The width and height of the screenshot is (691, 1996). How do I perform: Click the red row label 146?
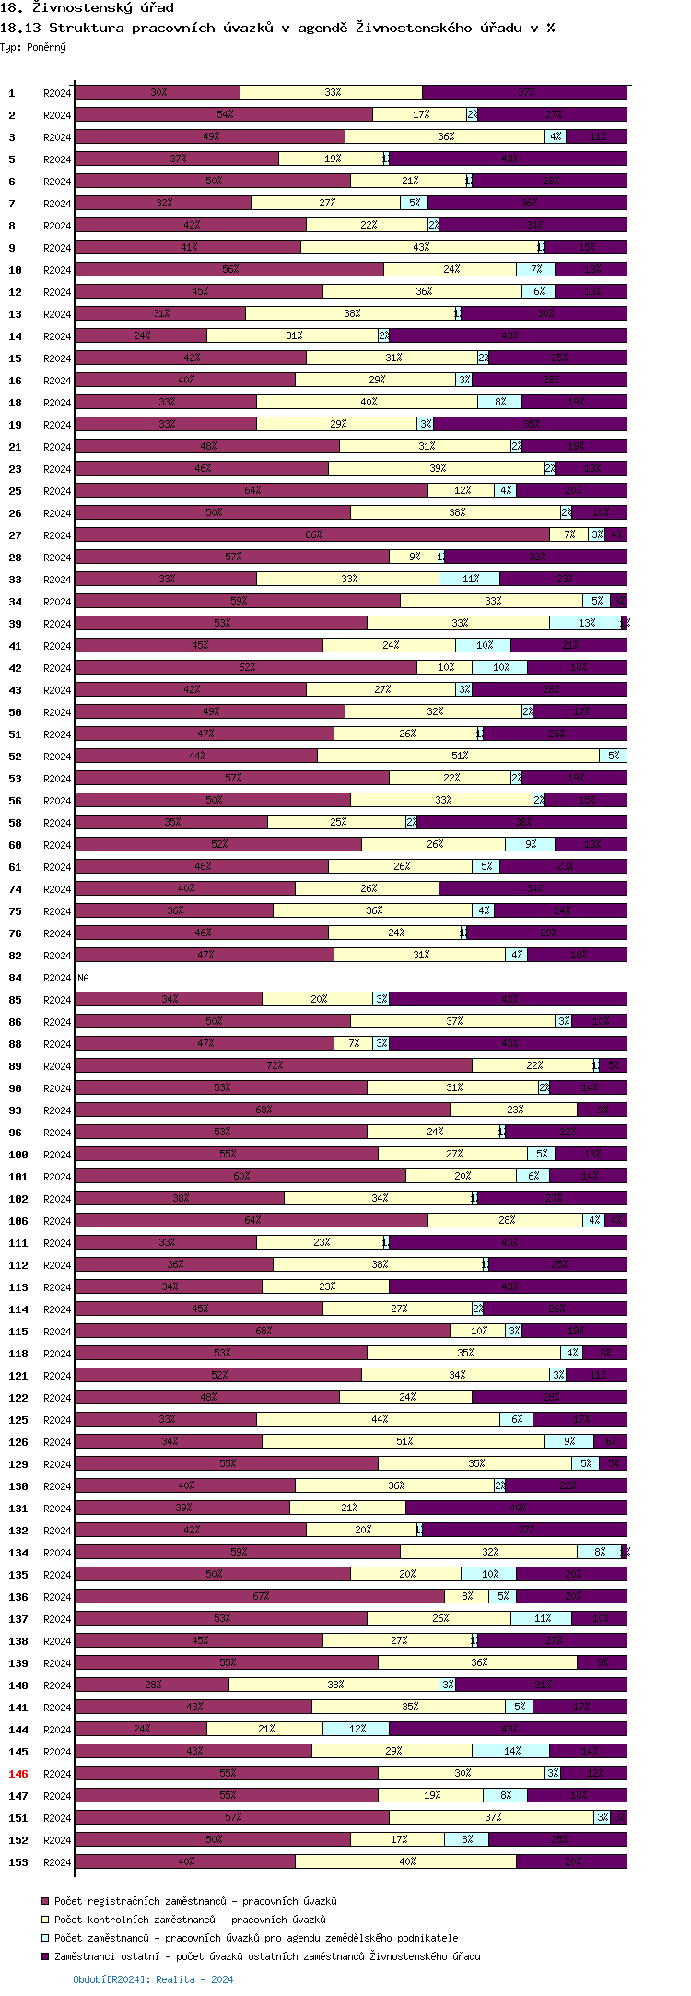pos(18,1774)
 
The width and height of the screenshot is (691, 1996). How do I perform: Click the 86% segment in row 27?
pos(312,534)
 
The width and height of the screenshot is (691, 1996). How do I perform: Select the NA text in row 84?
pos(83,978)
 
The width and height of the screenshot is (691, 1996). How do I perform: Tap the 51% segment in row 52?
pos(459,756)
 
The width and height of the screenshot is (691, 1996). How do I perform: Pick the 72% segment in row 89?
pos(274,1065)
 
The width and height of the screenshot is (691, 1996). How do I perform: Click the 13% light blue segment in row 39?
pos(585,623)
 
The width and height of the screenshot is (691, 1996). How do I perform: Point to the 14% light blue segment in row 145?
pos(510,1751)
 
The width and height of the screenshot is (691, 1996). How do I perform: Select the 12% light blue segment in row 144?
pos(356,1729)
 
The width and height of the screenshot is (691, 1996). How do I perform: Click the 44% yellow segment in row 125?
pos(379,1419)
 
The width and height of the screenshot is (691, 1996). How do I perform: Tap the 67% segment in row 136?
pos(260,1596)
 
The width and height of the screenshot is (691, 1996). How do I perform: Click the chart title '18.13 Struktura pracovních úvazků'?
pos(277,28)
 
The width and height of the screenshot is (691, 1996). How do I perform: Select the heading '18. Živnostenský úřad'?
pos(87,8)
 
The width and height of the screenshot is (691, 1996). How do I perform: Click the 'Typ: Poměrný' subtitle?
pos(33,47)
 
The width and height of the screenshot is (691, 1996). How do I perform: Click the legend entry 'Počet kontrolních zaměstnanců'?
pos(190,1920)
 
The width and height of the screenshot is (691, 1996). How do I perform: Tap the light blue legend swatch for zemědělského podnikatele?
pos(44,1938)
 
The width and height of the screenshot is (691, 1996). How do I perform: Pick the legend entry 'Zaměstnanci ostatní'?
pos(267,1956)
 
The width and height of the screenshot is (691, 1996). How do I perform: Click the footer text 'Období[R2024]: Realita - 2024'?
pos(153,1979)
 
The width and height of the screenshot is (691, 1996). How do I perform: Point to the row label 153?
pos(18,1862)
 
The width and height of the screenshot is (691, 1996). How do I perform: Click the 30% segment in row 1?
pos(158,92)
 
